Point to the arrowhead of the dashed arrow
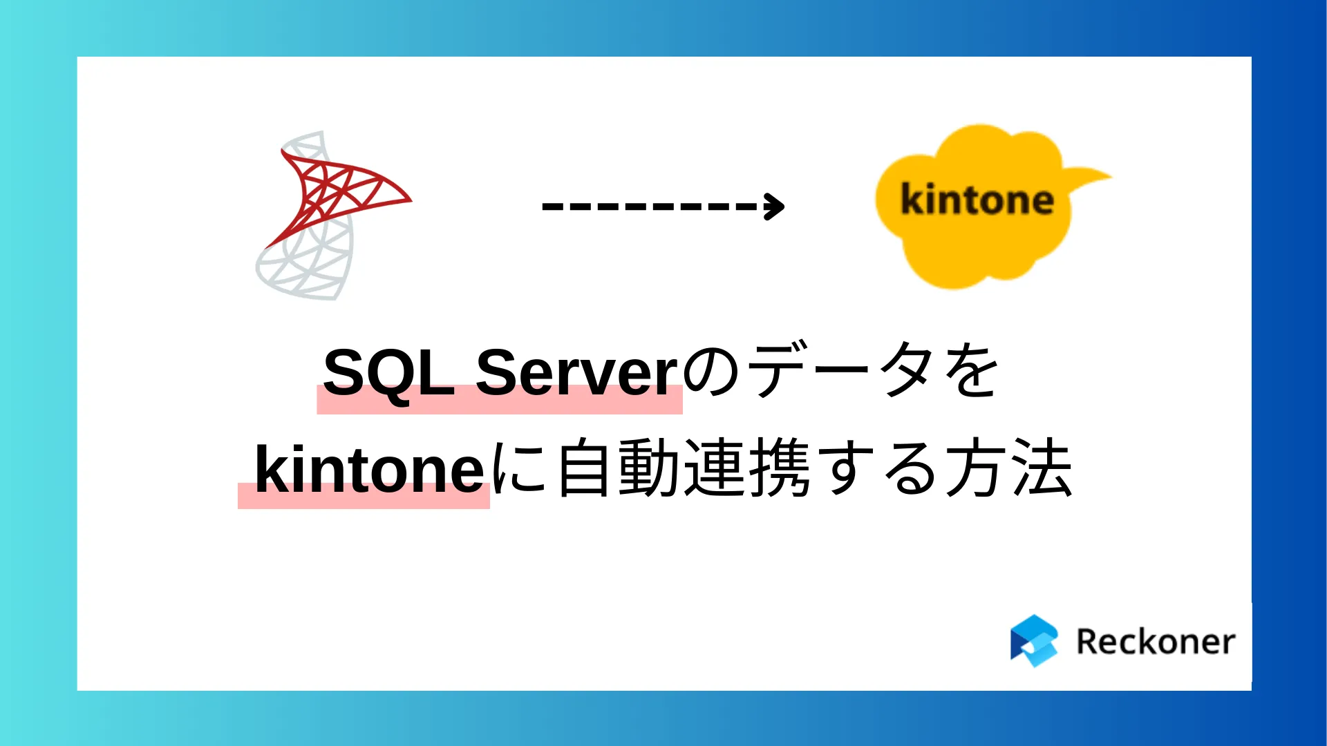(775, 206)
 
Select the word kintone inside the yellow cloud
(977, 200)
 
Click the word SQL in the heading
(387, 373)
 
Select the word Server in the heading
(577, 373)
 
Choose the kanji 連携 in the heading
(746, 468)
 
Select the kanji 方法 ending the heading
(1009, 468)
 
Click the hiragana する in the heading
(878, 468)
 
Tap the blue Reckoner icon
(1034, 641)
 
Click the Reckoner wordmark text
(1156, 642)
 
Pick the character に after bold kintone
(520, 468)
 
